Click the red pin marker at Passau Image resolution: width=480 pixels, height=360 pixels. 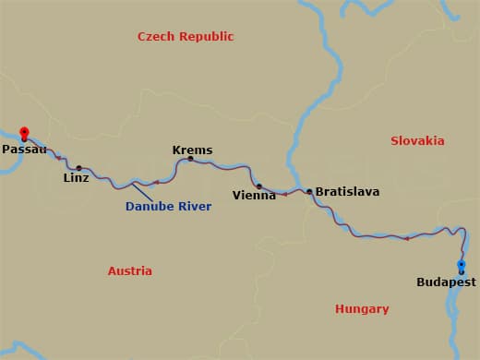[24, 133]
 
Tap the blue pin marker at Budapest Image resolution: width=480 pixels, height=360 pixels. [462, 267]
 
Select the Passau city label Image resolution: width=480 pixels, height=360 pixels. [24, 149]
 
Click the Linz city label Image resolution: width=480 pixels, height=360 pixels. [77, 177]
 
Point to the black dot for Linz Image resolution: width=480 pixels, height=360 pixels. [78, 167]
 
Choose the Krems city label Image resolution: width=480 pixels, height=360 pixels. [192, 150]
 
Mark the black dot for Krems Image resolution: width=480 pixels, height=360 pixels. [190, 159]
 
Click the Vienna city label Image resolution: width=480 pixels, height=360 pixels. [254, 195]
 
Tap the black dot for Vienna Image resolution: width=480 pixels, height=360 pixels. [258, 186]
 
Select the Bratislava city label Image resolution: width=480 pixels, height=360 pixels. [347, 192]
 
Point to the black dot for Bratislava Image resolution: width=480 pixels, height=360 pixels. [309, 192]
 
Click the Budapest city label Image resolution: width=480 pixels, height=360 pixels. [446, 282]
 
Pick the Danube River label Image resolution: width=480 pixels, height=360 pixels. [169, 207]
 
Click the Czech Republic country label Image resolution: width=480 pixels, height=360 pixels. [186, 37]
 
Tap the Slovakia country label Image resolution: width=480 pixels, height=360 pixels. [417, 141]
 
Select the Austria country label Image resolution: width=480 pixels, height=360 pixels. [130, 271]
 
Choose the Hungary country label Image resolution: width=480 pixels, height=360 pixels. [362, 309]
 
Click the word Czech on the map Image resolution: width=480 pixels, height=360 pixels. [156, 37]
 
